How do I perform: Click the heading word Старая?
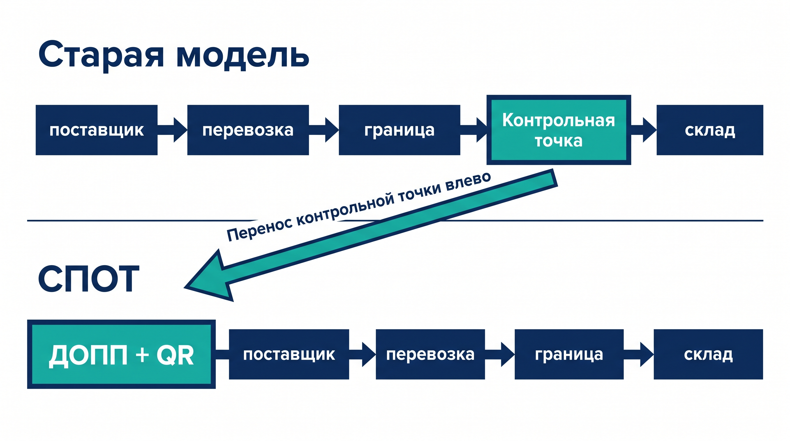coord(101,55)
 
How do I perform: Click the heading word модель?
coord(242,57)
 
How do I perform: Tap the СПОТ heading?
coord(89,279)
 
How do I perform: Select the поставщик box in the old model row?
coord(97,130)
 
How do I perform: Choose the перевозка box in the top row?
coord(248,130)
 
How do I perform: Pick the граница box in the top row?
coord(399,130)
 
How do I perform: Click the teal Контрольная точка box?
coord(558,130)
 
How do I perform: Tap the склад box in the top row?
coord(710,130)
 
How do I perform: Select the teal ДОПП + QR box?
coord(121,354)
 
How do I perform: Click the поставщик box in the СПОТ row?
coord(289,354)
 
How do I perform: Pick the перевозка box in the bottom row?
coord(430,354)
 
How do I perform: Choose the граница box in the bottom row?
coord(569,354)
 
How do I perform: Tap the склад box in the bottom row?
coord(708,354)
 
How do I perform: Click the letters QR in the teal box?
coord(175,355)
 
